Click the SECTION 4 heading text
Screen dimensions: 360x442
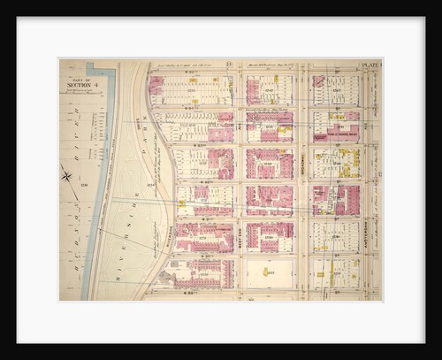[x=79, y=84]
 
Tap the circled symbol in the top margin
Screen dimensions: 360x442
[x=229, y=65]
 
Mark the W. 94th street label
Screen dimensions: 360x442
[x=204, y=108]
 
